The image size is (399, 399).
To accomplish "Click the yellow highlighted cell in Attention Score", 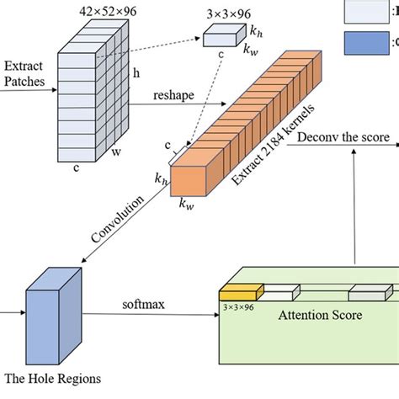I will coord(241,293).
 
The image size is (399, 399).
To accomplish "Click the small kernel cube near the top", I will coord(221,35).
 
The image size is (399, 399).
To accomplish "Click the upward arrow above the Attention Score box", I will coord(356,210).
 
